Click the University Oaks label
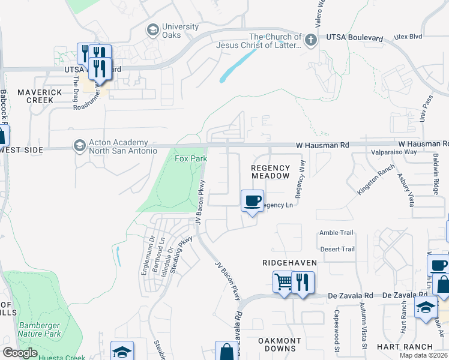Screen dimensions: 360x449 click(x=180, y=31)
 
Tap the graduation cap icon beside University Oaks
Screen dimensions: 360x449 click(x=152, y=29)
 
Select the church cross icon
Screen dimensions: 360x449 click(x=310, y=41)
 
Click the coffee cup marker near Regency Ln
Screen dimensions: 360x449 click(x=253, y=200)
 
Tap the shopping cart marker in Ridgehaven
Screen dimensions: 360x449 click(x=283, y=281)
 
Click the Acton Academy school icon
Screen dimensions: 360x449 click(x=79, y=146)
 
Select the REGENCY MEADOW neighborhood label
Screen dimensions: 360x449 click(x=270, y=172)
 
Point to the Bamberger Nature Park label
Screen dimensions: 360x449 click(x=40, y=329)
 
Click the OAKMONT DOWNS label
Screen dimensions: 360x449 click(x=280, y=345)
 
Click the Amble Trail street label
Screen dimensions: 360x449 click(x=337, y=233)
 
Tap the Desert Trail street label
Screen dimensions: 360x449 click(x=337, y=249)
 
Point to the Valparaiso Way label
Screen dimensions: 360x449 click(x=394, y=152)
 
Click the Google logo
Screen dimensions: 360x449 click(x=20, y=353)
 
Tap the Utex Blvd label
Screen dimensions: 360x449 click(x=408, y=37)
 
